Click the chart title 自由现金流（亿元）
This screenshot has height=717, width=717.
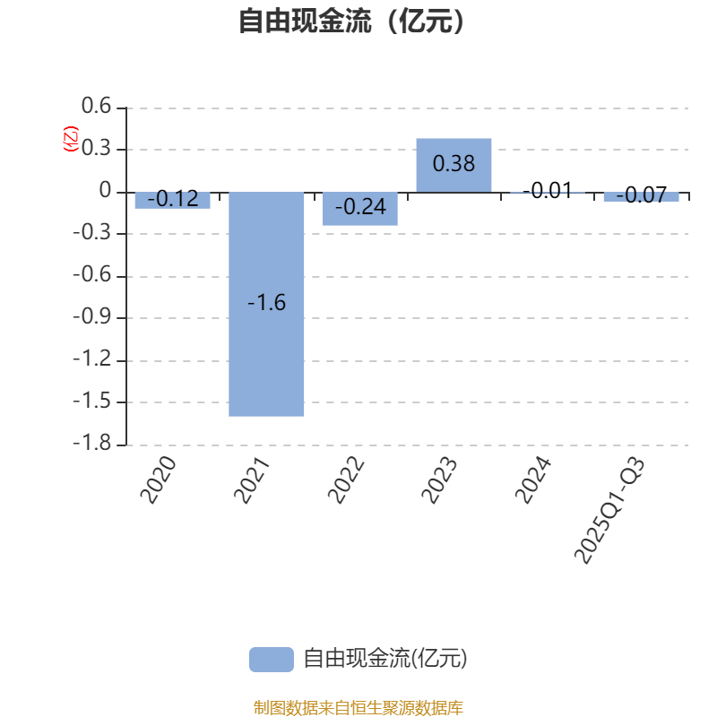[x=352, y=21]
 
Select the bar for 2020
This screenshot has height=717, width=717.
[x=173, y=200]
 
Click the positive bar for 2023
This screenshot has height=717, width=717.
[x=454, y=165]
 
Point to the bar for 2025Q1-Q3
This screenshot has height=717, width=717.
[x=641, y=196]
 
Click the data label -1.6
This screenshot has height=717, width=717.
[x=266, y=303]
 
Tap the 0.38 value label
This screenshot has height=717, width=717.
[x=454, y=164]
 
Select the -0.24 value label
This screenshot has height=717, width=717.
[x=360, y=207]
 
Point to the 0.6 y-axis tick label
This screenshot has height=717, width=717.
[x=96, y=107]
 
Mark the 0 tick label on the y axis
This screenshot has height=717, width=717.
[x=106, y=191]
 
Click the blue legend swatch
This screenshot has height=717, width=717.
[x=271, y=659]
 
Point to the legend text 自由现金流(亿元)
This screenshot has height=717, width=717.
[x=385, y=659]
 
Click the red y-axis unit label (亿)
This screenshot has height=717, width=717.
[x=71, y=139]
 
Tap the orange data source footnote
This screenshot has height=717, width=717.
[x=358, y=708]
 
